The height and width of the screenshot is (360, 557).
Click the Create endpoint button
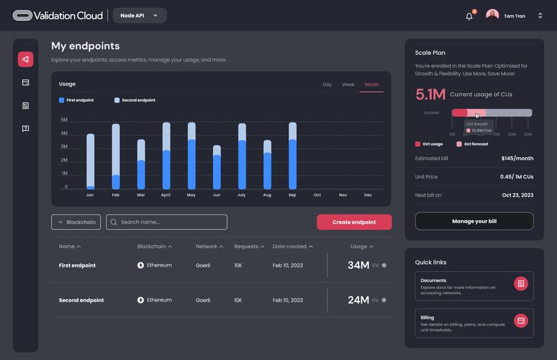(354, 222)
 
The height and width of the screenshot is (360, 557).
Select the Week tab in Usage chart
(348, 84)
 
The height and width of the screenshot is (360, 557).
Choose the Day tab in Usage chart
(327, 84)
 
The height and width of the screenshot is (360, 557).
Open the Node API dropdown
(139, 15)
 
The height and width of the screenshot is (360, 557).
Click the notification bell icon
(469, 16)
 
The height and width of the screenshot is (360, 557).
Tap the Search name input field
(166, 222)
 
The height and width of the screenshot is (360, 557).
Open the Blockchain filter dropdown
(76, 222)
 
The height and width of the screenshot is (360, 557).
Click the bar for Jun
(217, 168)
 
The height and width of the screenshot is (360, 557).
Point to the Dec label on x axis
(368, 195)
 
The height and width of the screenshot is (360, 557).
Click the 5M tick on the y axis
(63, 120)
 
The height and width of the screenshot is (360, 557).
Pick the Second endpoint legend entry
(135, 100)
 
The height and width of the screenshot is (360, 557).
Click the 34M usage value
(358, 265)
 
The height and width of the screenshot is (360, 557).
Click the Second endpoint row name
(81, 300)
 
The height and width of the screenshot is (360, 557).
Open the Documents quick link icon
(521, 283)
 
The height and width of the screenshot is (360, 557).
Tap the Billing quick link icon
(521, 320)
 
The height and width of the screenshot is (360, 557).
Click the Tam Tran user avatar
(493, 15)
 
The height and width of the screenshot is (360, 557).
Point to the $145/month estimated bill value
(517, 158)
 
